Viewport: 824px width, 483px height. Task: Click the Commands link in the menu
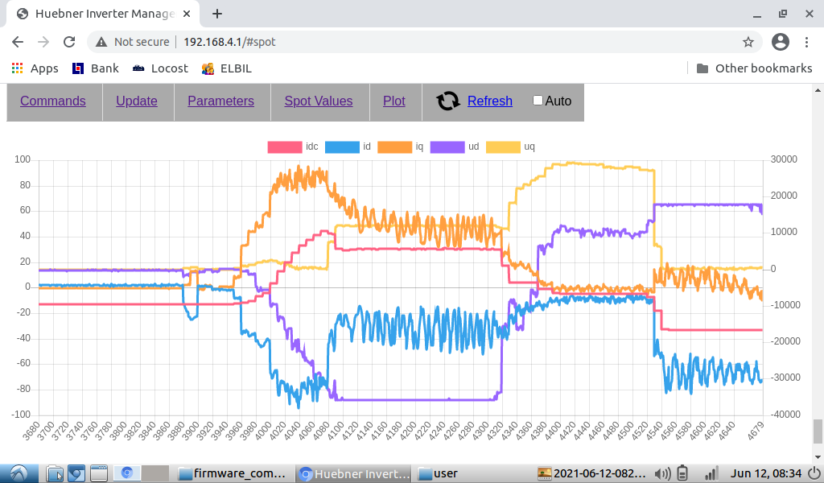pyautogui.click(x=53, y=101)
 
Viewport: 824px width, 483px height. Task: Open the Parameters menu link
pyautogui.click(x=220, y=101)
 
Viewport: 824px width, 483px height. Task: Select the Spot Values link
pyautogui.click(x=319, y=101)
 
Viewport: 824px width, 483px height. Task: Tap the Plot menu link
pyautogui.click(x=394, y=101)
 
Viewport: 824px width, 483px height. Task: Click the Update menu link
pyautogui.click(x=137, y=101)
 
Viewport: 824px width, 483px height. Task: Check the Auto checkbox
pyautogui.click(x=538, y=101)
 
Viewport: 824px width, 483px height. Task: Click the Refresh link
pyautogui.click(x=489, y=101)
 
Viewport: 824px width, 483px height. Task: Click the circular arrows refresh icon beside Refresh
pyautogui.click(x=448, y=101)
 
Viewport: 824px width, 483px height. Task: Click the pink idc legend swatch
pyautogui.click(x=284, y=147)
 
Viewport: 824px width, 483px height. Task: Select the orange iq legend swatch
pyautogui.click(x=398, y=147)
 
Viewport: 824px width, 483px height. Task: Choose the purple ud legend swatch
pyautogui.click(x=447, y=147)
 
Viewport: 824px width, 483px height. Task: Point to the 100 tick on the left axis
pyautogui.click(x=22, y=159)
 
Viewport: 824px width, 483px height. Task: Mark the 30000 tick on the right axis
pyautogui.click(x=783, y=159)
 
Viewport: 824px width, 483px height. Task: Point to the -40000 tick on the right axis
pyautogui.click(x=781, y=415)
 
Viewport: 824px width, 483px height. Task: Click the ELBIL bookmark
pyautogui.click(x=227, y=68)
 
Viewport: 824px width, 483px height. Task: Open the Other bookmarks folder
pyautogui.click(x=754, y=68)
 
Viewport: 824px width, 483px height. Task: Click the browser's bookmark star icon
pyautogui.click(x=748, y=42)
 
